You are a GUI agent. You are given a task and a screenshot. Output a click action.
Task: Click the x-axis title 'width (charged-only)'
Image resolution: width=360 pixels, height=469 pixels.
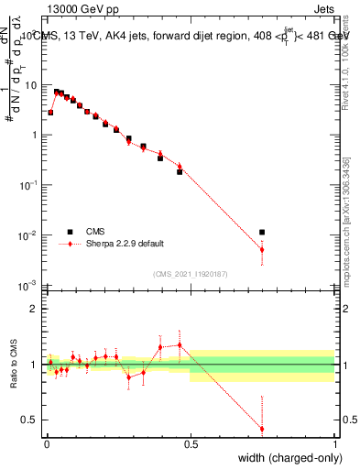[x=291, y=459]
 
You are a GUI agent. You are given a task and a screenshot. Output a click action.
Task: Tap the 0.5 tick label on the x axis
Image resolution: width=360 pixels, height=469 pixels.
[x=191, y=444]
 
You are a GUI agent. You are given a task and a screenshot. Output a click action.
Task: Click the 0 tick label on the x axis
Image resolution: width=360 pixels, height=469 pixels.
[x=46, y=444]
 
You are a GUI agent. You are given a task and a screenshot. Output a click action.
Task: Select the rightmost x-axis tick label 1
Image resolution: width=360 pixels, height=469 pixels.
[x=335, y=444]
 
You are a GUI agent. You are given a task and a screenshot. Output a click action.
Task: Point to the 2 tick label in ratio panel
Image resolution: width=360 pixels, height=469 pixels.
[x=34, y=309]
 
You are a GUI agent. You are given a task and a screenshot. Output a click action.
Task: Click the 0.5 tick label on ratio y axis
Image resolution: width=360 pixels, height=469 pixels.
[x=29, y=420]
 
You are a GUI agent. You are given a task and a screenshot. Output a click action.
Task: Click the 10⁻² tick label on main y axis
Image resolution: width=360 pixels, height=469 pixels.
[x=29, y=236]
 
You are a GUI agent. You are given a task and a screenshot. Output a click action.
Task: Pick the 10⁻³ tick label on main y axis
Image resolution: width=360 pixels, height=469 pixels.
[x=29, y=286]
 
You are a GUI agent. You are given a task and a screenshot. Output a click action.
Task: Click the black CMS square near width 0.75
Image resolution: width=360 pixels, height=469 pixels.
[x=262, y=233]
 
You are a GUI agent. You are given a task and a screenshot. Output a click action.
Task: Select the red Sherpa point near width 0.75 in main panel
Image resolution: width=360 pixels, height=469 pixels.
[x=262, y=249]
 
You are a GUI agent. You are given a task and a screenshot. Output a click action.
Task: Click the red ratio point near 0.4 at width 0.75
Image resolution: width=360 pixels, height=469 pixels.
[x=262, y=429]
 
